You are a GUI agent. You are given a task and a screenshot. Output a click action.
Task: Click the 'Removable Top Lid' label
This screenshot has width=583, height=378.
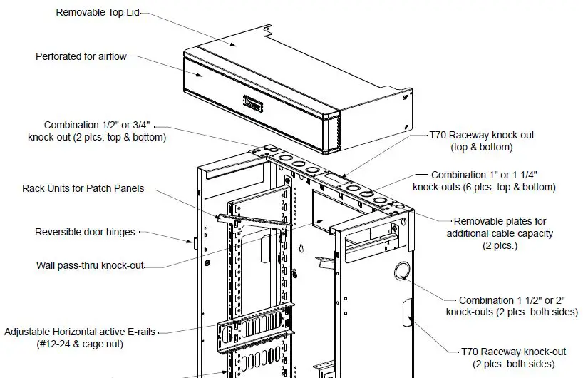tap(97, 12)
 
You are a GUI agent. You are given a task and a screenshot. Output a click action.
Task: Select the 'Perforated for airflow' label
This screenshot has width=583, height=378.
tap(81, 56)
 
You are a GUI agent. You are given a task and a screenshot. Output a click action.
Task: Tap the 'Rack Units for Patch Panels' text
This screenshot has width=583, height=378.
tap(83, 188)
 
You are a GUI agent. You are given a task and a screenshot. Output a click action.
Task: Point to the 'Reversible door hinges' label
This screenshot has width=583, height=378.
tap(85, 232)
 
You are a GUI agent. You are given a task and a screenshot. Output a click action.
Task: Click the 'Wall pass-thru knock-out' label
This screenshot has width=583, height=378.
tap(90, 265)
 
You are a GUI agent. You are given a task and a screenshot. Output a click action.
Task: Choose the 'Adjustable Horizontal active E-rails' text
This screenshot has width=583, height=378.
tap(80, 332)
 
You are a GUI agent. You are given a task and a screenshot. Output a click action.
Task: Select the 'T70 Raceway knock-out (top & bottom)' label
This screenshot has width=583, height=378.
tap(481, 141)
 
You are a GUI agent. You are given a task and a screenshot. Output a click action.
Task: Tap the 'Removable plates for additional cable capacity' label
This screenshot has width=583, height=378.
tap(500, 233)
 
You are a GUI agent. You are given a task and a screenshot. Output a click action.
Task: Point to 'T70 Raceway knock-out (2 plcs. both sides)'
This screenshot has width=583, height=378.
tap(513, 357)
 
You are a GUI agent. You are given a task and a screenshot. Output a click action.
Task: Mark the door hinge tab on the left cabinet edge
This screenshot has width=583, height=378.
tap(195, 242)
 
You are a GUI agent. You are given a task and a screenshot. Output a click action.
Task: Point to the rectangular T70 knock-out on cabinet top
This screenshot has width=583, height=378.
tap(334, 175)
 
